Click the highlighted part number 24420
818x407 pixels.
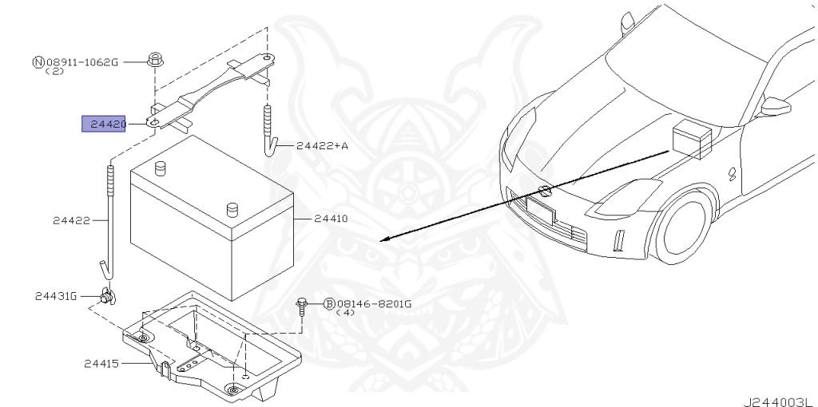tap(104, 124)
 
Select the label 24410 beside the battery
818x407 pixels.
tap(331, 218)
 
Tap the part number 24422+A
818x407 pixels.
tap(322, 146)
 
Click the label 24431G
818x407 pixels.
tap(55, 296)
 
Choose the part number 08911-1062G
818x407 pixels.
tap(81, 61)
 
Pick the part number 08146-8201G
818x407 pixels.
tap(374, 304)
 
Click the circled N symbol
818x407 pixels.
tap(38, 61)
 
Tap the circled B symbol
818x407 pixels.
tap(329, 304)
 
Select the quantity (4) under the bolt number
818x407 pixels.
tap(345, 314)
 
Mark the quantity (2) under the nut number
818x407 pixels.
tap(54, 71)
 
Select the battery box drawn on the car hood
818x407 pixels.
tap(689, 138)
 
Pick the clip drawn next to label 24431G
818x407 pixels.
tap(105, 297)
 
